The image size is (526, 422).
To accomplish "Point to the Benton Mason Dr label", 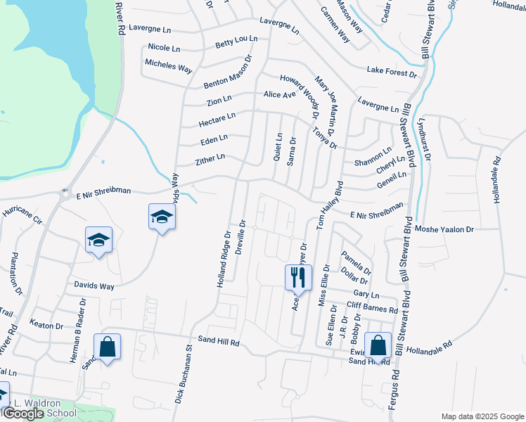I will coord(227,73).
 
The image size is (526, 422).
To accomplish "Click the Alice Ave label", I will coord(279,94).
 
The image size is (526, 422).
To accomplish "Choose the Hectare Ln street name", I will coord(217,118).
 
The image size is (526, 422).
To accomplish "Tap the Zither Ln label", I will coord(210,160).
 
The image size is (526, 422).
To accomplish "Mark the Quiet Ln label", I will coord(278,146).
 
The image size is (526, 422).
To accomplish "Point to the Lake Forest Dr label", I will coord(392,70).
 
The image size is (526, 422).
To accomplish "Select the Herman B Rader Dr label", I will coord(77,329).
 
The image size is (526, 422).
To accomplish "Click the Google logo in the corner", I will coord(23,414).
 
